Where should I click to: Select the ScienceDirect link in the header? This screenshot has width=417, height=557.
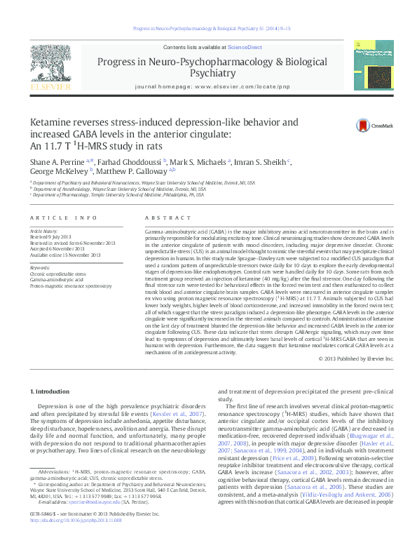pyautogui.click(x=245, y=47)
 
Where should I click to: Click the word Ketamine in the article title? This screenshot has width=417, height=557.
pyautogui.click(x=52, y=122)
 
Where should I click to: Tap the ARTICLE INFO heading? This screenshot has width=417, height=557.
pyautogui.click(x=63, y=218)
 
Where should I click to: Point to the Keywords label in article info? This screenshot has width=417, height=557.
pyautogui.click(x=39, y=267)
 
